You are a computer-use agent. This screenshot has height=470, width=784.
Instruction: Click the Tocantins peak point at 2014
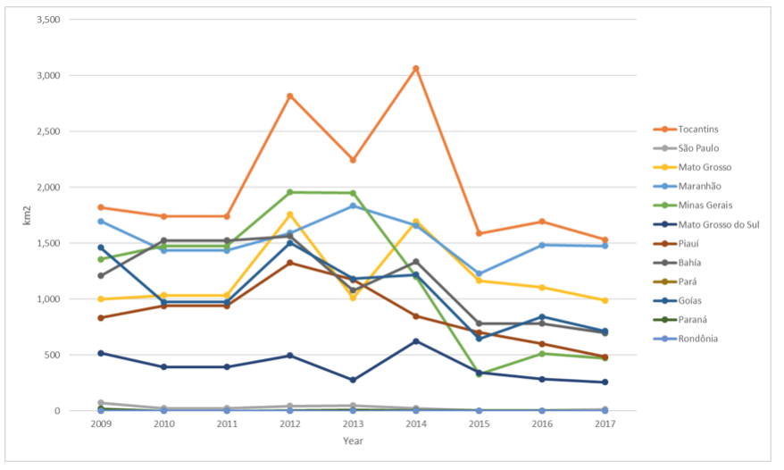(x=416, y=69)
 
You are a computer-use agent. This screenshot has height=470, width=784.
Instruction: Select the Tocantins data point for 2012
(x=290, y=96)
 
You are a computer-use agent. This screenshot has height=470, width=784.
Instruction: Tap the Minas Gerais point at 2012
(x=290, y=192)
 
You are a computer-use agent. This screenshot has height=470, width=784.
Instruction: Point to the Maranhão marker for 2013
(x=353, y=206)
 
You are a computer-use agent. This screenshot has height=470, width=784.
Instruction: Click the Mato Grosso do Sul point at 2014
(x=416, y=341)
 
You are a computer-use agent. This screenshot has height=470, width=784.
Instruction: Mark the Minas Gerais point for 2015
(x=479, y=373)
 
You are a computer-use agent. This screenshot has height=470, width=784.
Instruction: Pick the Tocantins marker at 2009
(x=101, y=207)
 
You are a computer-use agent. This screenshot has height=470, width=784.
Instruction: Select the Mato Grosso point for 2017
(x=605, y=300)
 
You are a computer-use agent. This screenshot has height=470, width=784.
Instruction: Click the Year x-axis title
(x=353, y=441)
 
